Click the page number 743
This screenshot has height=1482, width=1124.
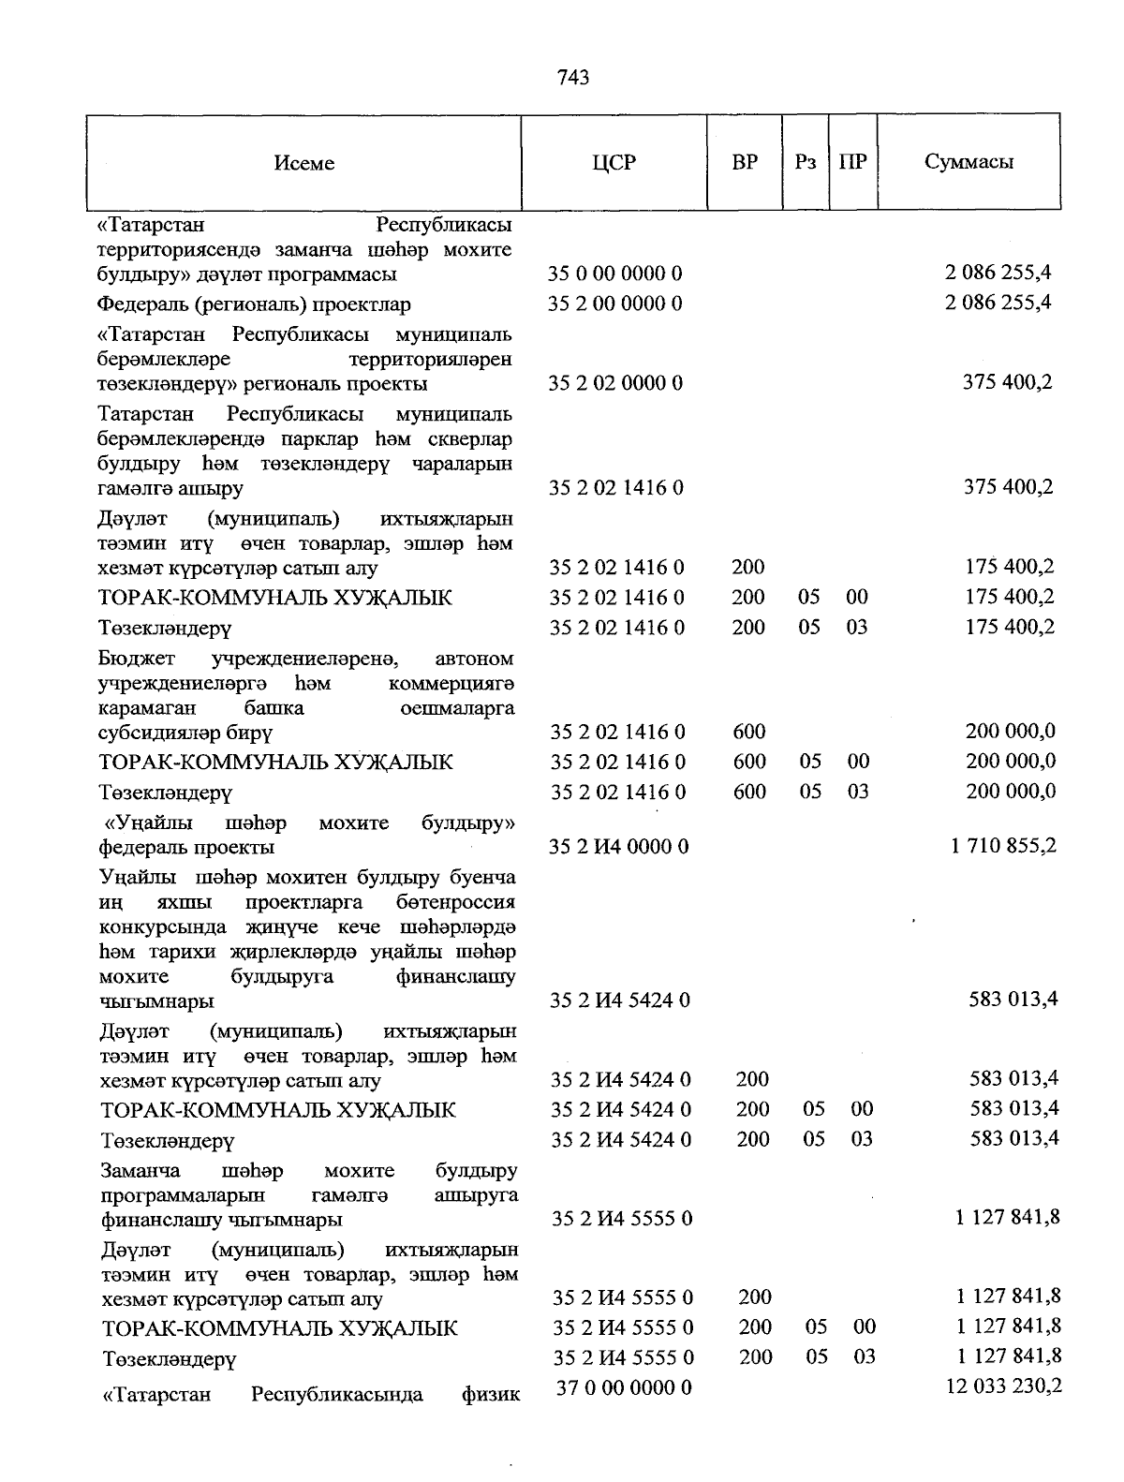click(x=572, y=78)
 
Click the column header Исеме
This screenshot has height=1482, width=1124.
click(x=304, y=163)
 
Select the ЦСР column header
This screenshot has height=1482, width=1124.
click(x=614, y=162)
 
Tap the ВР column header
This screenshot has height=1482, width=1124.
click(x=745, y=162)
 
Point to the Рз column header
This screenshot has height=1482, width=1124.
click(x=805, y=162)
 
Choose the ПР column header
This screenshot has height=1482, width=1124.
click(x=852, y=162)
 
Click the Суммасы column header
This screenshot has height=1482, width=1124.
click(x=969, y=161)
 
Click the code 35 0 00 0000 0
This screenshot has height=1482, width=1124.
click(x=614, y=274)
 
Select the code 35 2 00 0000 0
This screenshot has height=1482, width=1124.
click(x=614, y=304)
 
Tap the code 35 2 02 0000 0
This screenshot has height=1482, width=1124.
click(x=614, y=383)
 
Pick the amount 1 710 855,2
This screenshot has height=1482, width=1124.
click(x=1003, y=845)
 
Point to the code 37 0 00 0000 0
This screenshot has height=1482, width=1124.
click(x=624, y=1387)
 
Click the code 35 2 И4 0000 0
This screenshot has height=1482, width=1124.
click(x=619, y=846)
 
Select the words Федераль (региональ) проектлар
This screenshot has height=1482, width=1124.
click(x=254, y=304)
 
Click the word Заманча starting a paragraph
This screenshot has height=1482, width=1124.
click(x=140, y=1171)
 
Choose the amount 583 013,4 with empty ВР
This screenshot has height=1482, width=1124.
click(x=1013, y=999)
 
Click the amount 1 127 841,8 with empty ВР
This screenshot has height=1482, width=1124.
click(x=1008, y=1217)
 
